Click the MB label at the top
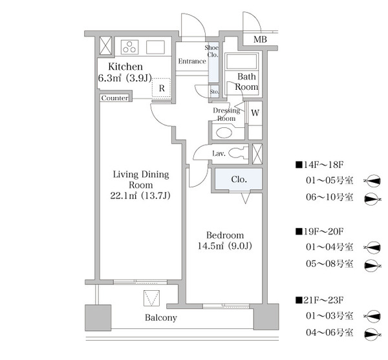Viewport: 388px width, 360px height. tap(260, 40)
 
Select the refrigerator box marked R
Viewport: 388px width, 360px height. tap(161, 89)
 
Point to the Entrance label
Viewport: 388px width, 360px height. tap(192, 61)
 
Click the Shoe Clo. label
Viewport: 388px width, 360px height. tap(213, 51)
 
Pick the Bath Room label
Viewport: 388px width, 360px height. tap(246, 81)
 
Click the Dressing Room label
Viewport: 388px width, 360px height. tap(226, 114)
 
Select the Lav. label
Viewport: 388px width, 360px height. tap(219, 154)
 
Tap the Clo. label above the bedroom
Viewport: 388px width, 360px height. tap(237, 180)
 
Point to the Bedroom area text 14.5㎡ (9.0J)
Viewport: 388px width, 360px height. tap(224, 246)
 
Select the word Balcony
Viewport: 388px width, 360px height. tap(161, 318)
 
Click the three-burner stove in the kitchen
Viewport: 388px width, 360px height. tap(129, 46)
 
